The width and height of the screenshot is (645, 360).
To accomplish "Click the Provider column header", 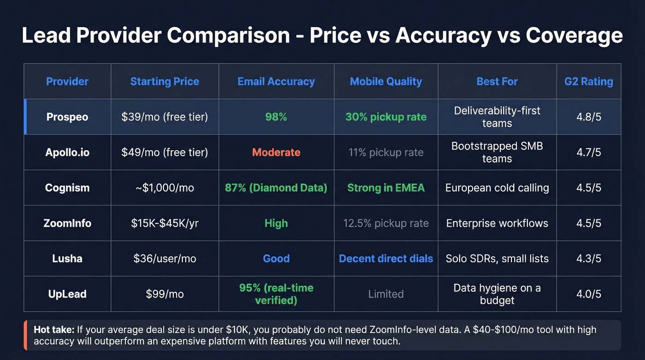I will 67,82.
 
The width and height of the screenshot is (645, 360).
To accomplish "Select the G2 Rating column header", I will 588,82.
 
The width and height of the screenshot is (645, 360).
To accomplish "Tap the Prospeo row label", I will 67,117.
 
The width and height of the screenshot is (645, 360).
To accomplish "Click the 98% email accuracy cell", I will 276,117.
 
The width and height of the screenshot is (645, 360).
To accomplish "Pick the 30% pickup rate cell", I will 386,117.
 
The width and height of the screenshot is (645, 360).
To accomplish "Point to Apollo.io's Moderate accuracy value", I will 276,153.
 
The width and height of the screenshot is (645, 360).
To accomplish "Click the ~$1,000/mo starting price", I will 164,188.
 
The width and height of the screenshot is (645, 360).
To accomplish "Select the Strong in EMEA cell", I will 386,188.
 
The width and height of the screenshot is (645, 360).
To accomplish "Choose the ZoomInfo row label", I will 67,224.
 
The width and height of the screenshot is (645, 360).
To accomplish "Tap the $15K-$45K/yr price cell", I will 164,224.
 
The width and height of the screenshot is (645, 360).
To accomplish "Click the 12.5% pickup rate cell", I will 386,224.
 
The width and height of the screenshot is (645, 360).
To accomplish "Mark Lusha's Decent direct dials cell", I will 386,259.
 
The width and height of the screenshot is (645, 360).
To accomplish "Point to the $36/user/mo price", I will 164,259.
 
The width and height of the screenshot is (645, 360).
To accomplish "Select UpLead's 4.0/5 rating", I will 588,294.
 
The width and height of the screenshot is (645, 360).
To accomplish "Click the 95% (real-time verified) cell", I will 276,294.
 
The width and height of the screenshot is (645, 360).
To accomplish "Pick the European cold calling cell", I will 497,188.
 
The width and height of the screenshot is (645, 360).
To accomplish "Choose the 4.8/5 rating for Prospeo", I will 588,117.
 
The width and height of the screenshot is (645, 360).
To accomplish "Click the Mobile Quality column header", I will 386,82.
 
